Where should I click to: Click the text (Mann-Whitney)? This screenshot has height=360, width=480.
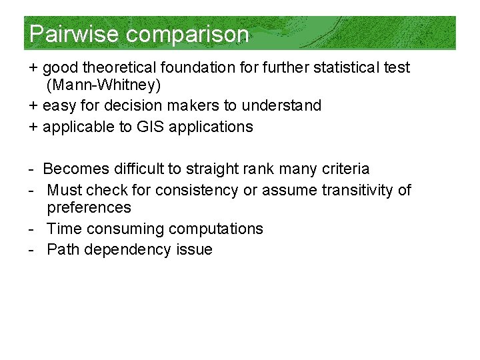pyautogui.click(x=103, y=85)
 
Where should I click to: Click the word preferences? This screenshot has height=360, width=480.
pyautogui.click(x=89, y=208)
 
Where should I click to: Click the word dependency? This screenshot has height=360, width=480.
pyautogui.click(x=125, y=250)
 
